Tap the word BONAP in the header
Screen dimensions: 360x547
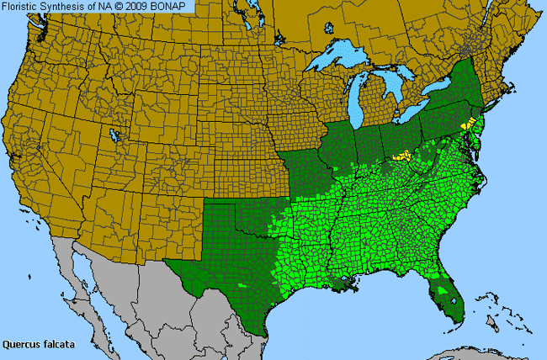pos(177,7)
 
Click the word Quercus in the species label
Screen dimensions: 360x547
pos(21,344)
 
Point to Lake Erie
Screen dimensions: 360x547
pos(421,114)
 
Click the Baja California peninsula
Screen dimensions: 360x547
pos(72,278)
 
